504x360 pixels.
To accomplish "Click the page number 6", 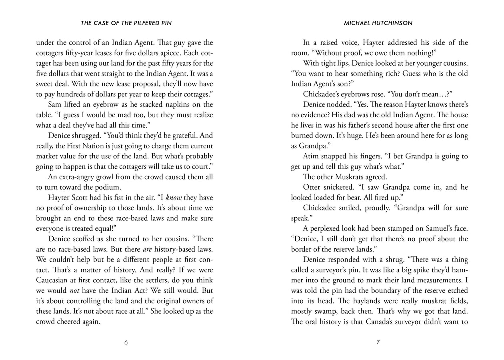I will point(126,342).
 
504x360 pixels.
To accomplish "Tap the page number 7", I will point(378,342).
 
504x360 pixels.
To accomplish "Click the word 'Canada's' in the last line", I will point(384,322).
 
